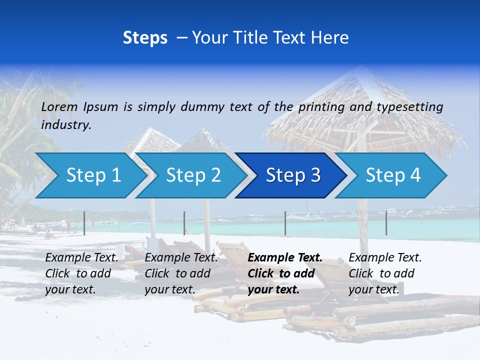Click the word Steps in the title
(x=145, y=38)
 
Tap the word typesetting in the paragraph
(x=409, y=107)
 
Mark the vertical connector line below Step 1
(x=84, y=223)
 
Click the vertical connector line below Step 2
(x=184, y=223)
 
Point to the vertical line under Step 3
(x=285, y=223)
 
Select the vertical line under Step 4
(x=386, y=223)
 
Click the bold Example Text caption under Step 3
(x=285, y=273)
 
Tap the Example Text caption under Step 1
(x=81, y=273)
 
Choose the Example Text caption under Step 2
(x=181, y=273)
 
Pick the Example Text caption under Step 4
(x=385, y=273)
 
